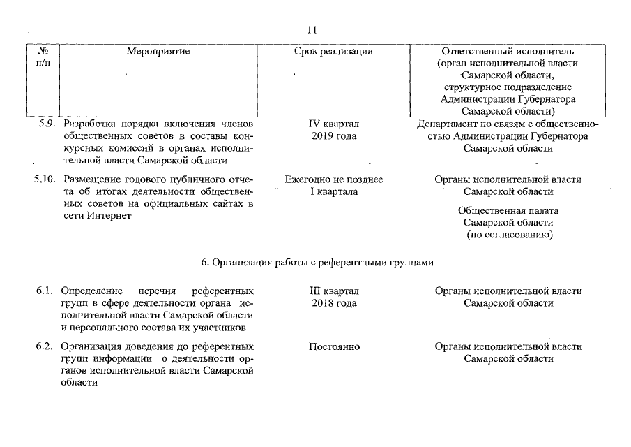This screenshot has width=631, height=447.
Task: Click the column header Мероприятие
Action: click(x=158, y=51)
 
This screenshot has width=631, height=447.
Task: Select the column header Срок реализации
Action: click(x=333, y=51)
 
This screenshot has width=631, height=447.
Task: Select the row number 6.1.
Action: click(x=45, y=291)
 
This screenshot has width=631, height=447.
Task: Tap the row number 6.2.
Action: click(x=45, y=346)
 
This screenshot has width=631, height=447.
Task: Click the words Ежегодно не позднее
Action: click(x=333, y=179)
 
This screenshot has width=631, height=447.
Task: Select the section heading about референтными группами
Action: click(x=317, y=263)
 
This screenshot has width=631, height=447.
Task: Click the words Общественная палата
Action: click(x=508, y=210)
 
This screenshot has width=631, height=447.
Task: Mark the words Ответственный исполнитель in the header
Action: click(x=508, y=51)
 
